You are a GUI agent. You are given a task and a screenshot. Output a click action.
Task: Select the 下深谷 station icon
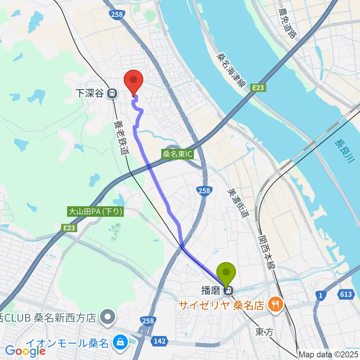(111, 94)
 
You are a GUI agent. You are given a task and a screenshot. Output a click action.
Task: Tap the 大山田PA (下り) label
(95, 212)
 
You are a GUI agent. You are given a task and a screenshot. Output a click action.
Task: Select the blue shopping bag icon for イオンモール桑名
(121, 342)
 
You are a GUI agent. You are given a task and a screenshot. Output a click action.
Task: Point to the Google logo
(25, 351)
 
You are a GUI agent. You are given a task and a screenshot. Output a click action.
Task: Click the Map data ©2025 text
(328, 354)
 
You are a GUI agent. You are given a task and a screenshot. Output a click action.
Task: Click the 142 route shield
(160, 341)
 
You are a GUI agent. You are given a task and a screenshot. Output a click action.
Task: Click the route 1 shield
(319, 296)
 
